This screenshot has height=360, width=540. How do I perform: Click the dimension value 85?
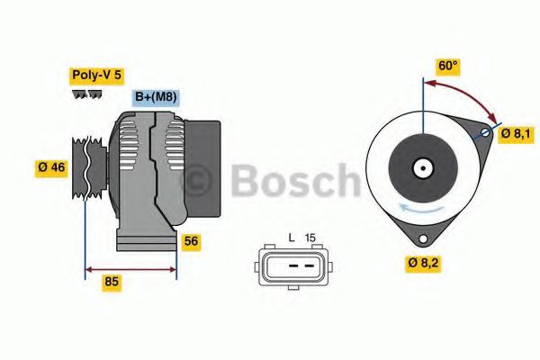(x=112, y=282)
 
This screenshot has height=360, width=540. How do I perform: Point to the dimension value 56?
(x=191, y=241)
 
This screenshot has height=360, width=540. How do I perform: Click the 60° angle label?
(x=447, y=67)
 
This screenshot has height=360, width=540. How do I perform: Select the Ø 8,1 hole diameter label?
(x=517, y=133)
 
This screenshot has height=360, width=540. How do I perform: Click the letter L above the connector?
(x=290, y=238)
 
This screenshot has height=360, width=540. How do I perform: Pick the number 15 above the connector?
(x=310, y=238)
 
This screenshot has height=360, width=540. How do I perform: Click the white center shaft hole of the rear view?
(x=421, y=167)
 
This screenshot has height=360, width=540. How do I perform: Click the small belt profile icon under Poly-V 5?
(x=86, y=94)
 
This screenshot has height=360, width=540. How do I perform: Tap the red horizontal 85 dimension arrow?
(x=130, y=267)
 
